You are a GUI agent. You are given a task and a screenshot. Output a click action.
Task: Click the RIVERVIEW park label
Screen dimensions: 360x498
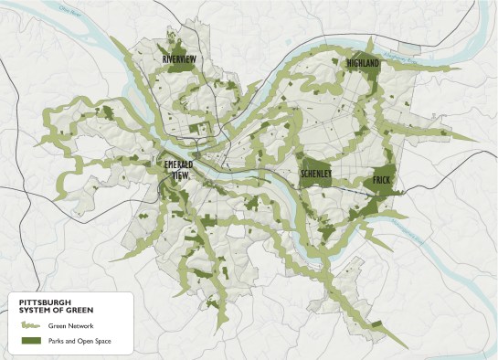[179, 59]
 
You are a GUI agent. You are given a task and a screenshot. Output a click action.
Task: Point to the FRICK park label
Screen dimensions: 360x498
[382, 180]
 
